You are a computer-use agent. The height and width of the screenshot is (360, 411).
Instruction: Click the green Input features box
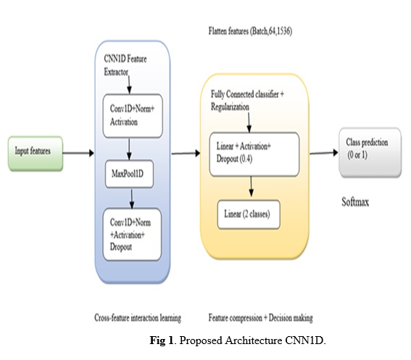coord(36,154)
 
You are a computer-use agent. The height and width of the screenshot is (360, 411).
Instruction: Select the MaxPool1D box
coord(129,174)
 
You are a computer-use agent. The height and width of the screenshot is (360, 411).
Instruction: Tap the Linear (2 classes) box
coord(249,214)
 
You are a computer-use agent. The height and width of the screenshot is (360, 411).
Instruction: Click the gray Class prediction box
coord(370,153)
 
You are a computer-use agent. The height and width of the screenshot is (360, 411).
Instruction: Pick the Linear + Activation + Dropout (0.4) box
coord(254,154)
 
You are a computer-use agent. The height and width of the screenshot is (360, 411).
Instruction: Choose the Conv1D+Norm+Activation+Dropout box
coord(132,235)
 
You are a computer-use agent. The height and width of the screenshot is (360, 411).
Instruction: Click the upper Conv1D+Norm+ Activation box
coord(133,116)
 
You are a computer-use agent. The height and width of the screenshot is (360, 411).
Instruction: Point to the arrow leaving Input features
coord(78,153)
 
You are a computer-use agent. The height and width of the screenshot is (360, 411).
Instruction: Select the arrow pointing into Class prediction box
coord(324,153)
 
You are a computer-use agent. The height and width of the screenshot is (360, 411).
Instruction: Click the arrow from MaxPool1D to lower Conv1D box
coord(132,199)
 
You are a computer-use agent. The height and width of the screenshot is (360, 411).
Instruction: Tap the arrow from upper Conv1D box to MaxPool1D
coord(129,149)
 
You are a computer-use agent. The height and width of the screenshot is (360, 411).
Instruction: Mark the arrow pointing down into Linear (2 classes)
coord(251,186)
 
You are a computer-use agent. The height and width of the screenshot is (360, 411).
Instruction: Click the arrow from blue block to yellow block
coord(186,154)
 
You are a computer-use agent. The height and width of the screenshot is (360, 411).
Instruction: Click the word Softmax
coord(355,202)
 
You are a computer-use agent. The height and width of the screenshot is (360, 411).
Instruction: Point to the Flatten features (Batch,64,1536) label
coord(250,31)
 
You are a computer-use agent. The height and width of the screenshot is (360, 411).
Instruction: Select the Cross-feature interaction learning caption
coord(138,318)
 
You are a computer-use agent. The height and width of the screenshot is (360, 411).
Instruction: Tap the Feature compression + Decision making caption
coord(260,318)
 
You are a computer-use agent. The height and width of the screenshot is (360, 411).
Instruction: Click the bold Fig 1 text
coord(161,340)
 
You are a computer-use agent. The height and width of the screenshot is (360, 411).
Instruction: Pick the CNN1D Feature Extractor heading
coord(125,65)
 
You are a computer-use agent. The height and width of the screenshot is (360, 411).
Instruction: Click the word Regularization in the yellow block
coord(230,107)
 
